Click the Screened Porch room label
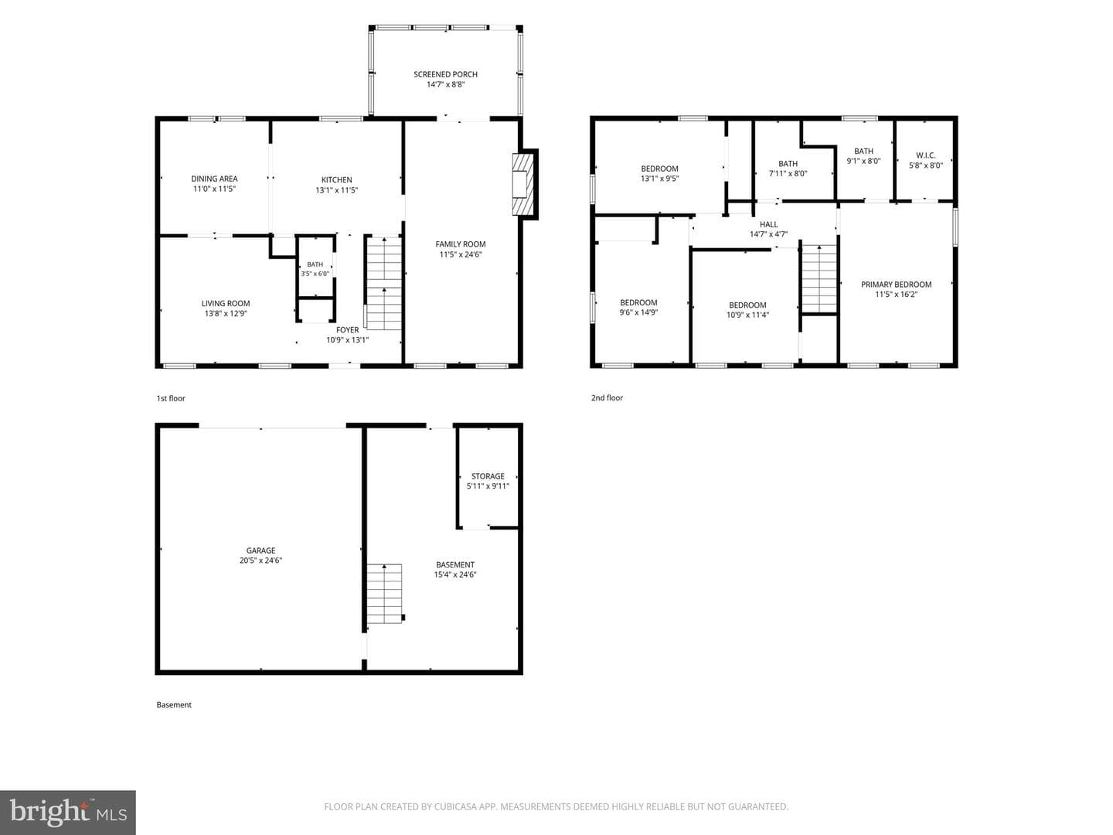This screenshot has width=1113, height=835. coord(445,74)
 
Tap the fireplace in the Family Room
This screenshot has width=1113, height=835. coord(522,184)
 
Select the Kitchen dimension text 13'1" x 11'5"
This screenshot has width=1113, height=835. coord(337,190)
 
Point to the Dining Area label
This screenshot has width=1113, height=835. coord(214,179)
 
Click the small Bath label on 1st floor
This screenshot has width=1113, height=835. coord(315,264)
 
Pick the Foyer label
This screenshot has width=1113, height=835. coord(347,330)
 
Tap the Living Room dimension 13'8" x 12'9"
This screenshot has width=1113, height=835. coord(226,313)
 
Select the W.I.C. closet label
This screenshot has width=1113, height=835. coord(925,155)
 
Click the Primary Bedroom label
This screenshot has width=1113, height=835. coord(896,285)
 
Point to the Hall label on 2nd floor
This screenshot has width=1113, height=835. coord(768,224)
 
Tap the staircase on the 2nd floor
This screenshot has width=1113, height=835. coord(819,278)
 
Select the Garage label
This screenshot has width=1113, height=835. coord(260,550)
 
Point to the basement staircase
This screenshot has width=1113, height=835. coord(385,593)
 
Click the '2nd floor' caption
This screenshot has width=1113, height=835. coord(607,398)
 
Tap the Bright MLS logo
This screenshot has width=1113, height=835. coord(68,812)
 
